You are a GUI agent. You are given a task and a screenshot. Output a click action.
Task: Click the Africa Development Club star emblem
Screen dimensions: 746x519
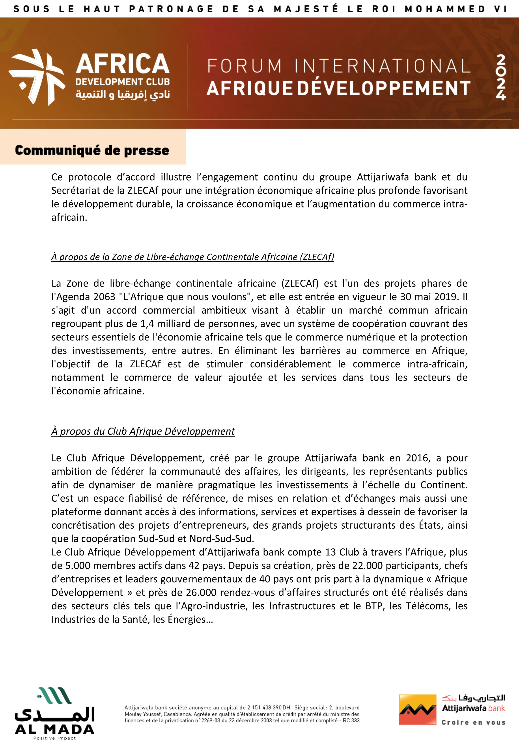coord(36,77)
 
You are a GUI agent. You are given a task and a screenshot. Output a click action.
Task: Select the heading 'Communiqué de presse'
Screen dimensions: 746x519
coord(92,150)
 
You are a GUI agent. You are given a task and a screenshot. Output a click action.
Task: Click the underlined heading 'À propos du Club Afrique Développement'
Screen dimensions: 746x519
coord(143,431)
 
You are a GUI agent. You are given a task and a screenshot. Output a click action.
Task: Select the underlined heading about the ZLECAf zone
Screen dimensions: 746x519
coord(193,257)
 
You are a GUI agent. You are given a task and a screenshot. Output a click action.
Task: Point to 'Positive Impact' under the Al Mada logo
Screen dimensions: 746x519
coord(54,738)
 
